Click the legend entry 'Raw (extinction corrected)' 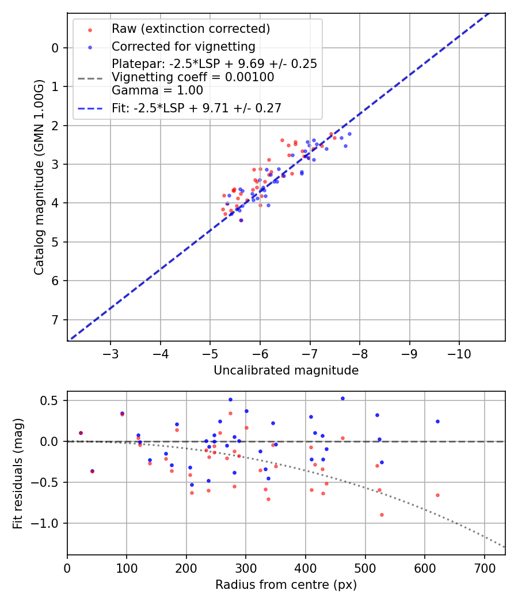[x=191, y=29]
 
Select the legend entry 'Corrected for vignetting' [x=183, y=46]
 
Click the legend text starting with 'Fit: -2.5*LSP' [x=196, y=108]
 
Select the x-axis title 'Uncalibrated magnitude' [x=286, y=370]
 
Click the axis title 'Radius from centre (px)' [x=286, y=585]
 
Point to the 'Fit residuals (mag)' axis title [x=17, y=473]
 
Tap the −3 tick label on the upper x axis [x=111, y=353]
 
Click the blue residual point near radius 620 [x=437, y=421]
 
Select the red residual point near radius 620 [x=437, y=495]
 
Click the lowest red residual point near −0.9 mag [x=382, y=515]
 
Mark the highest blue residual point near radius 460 [x=342, y=398]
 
